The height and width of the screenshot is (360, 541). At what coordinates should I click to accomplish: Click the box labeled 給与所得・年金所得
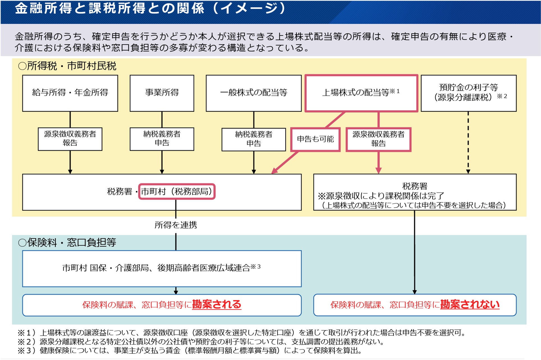[x=70, y=93]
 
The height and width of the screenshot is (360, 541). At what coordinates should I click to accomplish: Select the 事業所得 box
[x=162, y=93]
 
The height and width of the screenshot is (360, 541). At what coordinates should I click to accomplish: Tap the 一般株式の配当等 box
[x=254, y=93]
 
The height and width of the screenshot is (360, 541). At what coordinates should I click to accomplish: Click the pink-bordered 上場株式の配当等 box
[x=361, y=93]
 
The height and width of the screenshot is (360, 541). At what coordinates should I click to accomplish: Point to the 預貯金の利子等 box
[x=468, y=93]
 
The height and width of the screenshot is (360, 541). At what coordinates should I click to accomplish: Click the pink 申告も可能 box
[x=315, y=139]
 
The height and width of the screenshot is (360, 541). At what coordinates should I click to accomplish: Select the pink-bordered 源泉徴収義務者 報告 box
[x=378, y=139]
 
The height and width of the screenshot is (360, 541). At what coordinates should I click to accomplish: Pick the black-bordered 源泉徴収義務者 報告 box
[x=70, y=139]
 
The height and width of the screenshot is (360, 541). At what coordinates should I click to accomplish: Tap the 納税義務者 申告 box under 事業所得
[x=162, y=139]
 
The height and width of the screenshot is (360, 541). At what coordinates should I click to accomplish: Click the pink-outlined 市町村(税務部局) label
[x=177, y=192]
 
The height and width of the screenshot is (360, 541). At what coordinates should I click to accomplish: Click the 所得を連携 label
[x=176, y=225]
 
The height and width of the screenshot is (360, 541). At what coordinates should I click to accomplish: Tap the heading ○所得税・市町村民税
[x=67, y=66]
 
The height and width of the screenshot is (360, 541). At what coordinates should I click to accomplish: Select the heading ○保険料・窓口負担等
[x=67, y=243]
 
